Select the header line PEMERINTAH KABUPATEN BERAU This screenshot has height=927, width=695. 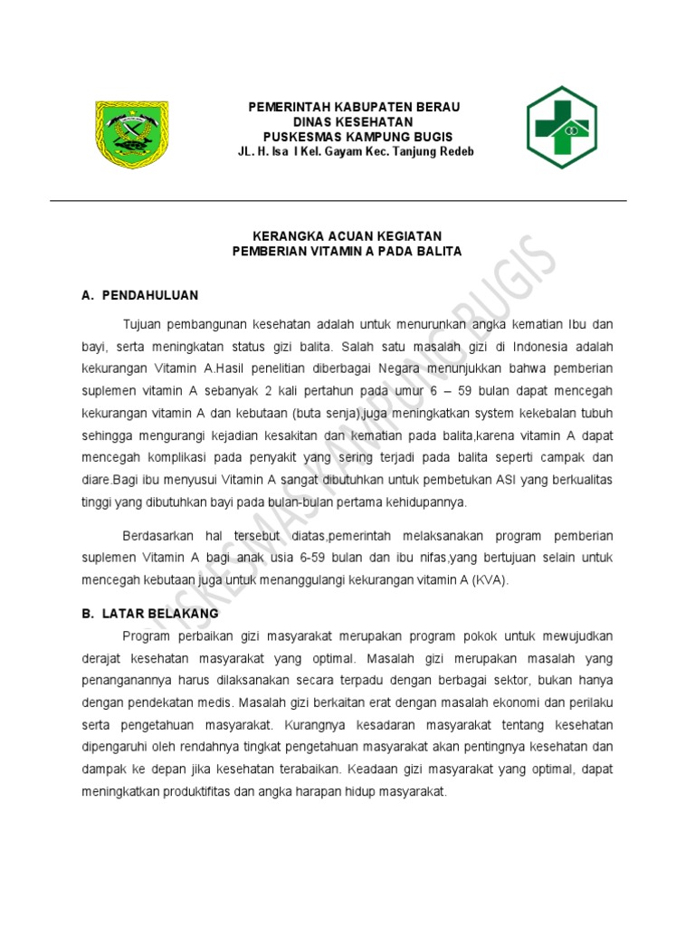[x=355, y=108]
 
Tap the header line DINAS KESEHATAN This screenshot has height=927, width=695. [x=354, y=122]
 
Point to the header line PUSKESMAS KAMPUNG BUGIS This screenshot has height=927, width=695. [x=354, y=137]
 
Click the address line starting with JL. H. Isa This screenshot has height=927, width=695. [x=355, y=151]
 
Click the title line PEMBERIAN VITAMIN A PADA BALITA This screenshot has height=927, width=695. [x=347, y=252]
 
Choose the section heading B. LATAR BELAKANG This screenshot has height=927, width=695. [x=150, y=613]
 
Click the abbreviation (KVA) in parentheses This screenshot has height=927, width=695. [x=490, y=580]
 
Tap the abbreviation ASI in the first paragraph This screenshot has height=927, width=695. [x=503, y=479]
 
